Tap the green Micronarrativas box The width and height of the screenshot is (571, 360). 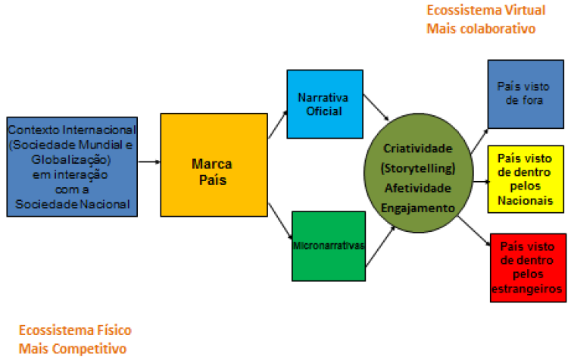point(328,246)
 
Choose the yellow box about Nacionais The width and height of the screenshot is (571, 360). point(526,179)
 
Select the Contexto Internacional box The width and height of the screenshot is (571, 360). point(72,167)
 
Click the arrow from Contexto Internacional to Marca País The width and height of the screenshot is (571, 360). point(149,163)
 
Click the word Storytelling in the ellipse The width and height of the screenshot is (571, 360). point(423,167)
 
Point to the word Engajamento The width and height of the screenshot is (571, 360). point(423,205)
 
